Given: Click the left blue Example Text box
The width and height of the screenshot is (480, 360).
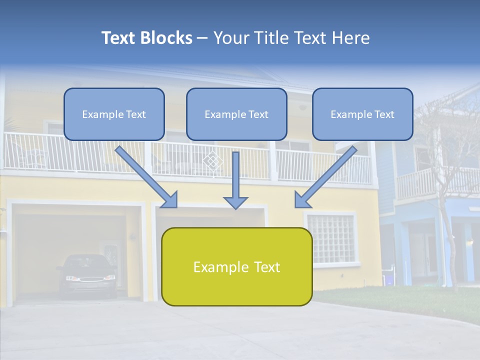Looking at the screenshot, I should pyautogui.click(x=114, y=114).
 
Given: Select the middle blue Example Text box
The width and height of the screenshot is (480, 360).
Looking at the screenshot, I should pyautogui.click(x=236, y=114).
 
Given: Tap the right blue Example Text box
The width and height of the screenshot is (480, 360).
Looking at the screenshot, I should pyautogui.click(x=362, y=114).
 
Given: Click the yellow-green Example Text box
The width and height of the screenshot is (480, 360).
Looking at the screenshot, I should pyautogui.click(x=236, y=266).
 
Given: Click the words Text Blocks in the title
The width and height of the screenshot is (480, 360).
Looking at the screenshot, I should pyautogui.click(x=146, y=38).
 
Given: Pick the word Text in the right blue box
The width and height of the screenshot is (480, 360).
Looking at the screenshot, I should pyautogui.click(x=384, y=114).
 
